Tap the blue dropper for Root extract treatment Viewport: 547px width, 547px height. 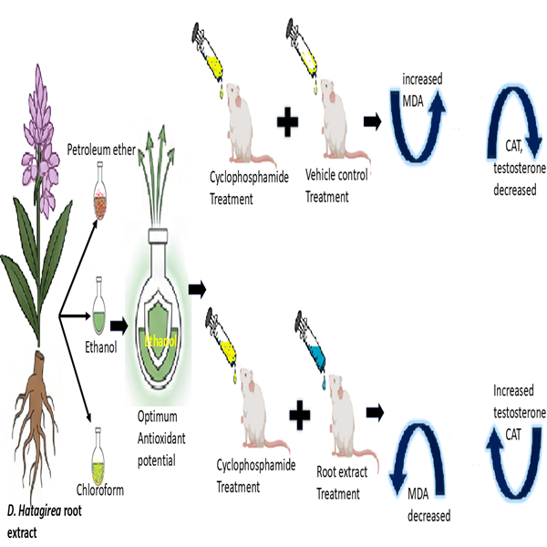(313, 339)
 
